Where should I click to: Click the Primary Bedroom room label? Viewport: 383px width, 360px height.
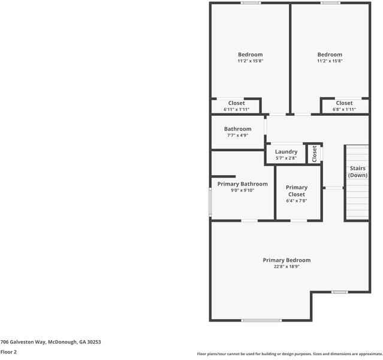pos(287,260)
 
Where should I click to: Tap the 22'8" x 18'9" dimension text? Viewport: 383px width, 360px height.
pos(287,266)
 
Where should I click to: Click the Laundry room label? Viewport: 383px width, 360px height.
pos(286,152)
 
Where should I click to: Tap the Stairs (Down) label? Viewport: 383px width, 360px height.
pos(357,172)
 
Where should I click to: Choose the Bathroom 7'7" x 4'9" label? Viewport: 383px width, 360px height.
pos(237,129)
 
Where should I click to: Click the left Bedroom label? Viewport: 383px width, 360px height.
pos(250,55)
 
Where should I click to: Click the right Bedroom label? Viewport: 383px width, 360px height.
pos(330,55)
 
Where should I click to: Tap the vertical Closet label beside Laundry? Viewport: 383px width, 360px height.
pos(314,154)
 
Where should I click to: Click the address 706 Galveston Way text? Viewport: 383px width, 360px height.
pos(50,342)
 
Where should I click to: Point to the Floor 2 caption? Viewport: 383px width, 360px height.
pos(8,352)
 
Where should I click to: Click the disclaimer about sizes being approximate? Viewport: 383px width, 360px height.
pos(289,354)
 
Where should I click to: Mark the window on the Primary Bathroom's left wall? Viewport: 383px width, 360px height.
pos(210,202)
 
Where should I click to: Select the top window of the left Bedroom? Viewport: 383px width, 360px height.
pos(251,3)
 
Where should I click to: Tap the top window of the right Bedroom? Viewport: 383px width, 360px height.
pos(330,3)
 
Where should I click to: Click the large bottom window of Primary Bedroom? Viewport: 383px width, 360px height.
pos(261,320)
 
